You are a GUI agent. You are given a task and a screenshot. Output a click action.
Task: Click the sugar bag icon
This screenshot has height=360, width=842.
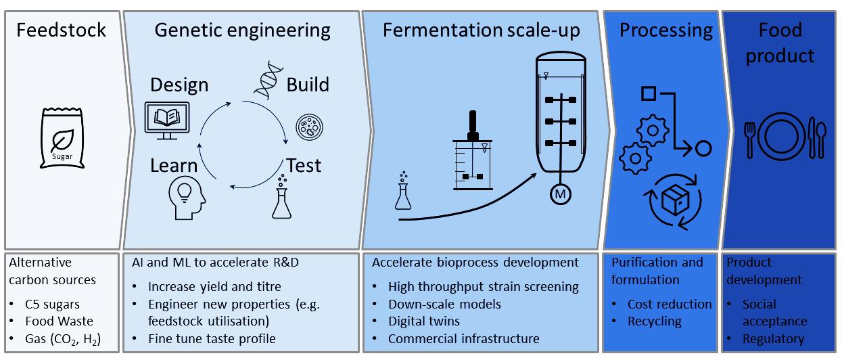tap(62, 139)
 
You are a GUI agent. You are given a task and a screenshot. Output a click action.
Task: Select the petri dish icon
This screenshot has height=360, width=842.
tap(309, 127)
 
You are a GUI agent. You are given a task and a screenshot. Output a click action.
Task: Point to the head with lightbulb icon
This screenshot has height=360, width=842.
tap(186, 196)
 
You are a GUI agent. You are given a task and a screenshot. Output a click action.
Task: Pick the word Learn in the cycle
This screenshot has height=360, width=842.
tap(174, 166)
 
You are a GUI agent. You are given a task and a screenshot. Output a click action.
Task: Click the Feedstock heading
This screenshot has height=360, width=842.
tap(62, 30)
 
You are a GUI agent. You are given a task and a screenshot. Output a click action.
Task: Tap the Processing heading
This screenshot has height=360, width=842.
tap(665, 30)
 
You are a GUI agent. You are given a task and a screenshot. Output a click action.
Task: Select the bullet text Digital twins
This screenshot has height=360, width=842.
tap(424, 321)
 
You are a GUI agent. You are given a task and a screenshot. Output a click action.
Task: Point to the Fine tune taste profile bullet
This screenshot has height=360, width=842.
tap(212, 338)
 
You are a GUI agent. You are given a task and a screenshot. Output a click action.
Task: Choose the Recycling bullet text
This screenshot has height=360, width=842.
tap(654, 321)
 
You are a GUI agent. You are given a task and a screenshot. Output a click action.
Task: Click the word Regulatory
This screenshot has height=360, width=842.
tap(773, 338)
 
